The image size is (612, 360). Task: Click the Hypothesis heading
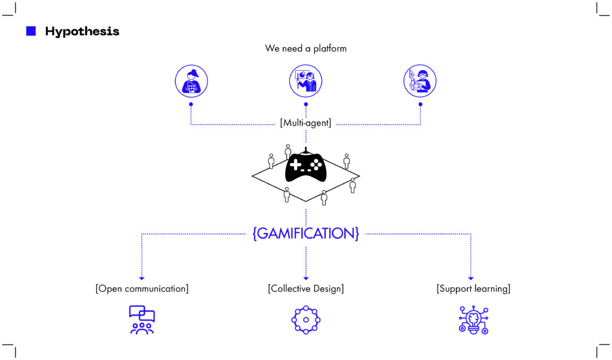click(x=82, y=32)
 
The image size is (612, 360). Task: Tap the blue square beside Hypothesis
click(x=31, y=31)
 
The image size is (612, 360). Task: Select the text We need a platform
click(x=305, y=48)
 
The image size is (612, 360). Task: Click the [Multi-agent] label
click(x=305, y=123)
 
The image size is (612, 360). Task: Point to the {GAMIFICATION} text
click(x=305, y=233)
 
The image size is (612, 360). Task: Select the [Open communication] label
click(x=142, y=289)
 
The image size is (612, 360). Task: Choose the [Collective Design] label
click(x=305, y=289)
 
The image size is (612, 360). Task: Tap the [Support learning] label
click(x=473, y=289)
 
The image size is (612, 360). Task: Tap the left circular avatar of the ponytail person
click(x=191, y=81)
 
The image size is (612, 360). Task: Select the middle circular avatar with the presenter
click(x=305, y=81)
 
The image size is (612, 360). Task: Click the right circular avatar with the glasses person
click(x=420, y=81)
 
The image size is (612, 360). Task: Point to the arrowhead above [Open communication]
click(x=142, y=278)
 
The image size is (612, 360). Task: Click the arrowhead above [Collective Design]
click(x=305, y=278)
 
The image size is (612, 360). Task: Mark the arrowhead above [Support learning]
click(x=470, y=278)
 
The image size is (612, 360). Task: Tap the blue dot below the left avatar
click(x=191, y=104)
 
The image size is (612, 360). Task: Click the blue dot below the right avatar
click(x=420, y=104)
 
